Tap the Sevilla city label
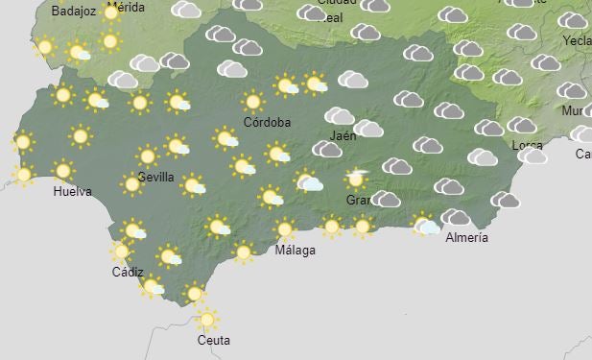tap(155, 177)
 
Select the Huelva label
tap(72, 191)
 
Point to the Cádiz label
tap(128, 272)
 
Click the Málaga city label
tap(295, 251)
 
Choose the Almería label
tap(467, 237)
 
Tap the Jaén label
tap(343, 136)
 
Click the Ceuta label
tap(213, 340)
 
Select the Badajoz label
tap(50, 12)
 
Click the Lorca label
tap(528, 145)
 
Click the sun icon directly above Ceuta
tap(206, 319)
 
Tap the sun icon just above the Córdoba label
tap(253, 101)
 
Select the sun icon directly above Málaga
tap(284, 229)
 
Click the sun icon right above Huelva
tap(63, 171)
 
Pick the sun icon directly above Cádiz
tap(121, 252)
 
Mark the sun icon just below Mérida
tap(109, 41)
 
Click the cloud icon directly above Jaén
tap(340, 117)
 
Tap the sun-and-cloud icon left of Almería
tap(425, 225)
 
